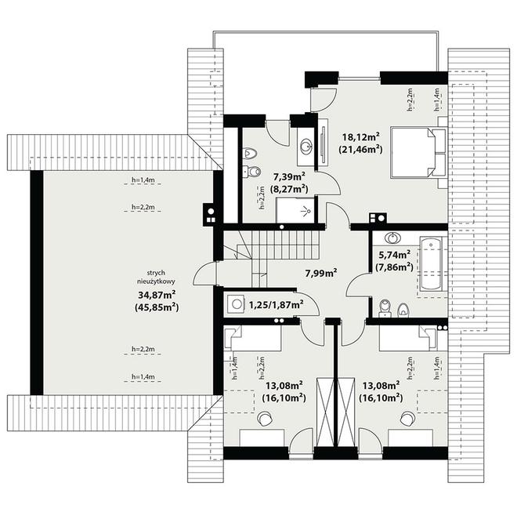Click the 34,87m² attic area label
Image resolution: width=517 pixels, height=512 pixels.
[x=157, y=294]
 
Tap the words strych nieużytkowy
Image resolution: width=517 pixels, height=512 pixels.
[x=156, y=278]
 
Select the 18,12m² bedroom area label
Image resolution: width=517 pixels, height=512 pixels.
[x=361, y=136]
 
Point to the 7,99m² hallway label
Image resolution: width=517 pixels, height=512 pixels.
[x=321, y=273]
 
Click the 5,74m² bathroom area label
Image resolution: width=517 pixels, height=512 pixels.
[x=394, y=255]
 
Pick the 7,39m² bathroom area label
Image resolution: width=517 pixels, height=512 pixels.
[x=289, y=177]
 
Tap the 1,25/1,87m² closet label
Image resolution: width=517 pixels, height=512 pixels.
[x=277, y=304]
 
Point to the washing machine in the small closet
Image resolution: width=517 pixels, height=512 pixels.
[x=236, y=304]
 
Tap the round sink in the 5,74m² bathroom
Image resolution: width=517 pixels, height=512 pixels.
[x=392, y=238]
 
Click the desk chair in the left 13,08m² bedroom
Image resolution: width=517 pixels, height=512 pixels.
[x=265, y=419]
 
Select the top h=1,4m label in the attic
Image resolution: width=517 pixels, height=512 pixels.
[x=143, y=180]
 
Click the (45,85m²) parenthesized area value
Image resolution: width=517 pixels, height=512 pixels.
[x=157, y=307]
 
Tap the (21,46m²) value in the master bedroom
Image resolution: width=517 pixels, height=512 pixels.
[x=360, y=150]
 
